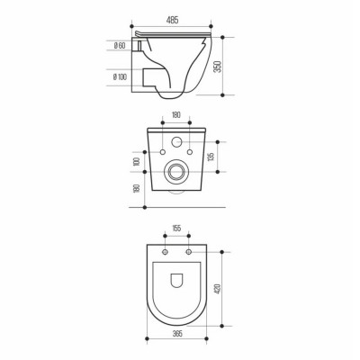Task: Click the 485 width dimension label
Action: (x=172, y=20)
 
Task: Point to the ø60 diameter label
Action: (x=120, y=46)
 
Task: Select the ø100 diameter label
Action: (x=120, y=77)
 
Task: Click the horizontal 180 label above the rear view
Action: (x=176, y=115)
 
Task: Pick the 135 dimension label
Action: (x=211, y=157)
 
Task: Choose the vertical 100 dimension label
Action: (x=137, y=162)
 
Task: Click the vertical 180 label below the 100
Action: (x=137, y=188)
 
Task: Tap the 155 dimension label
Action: (x=176, y=229)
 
